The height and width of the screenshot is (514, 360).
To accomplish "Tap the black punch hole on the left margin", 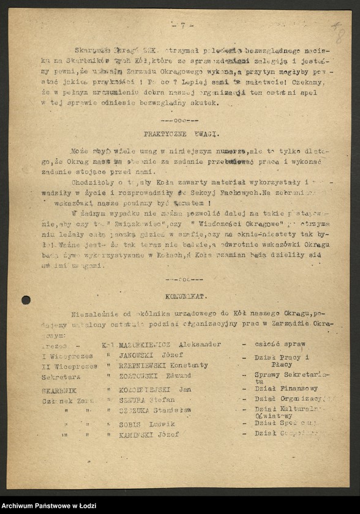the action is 26,300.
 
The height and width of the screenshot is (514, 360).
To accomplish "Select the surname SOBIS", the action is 131,423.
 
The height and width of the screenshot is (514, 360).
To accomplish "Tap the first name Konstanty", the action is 189,365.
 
